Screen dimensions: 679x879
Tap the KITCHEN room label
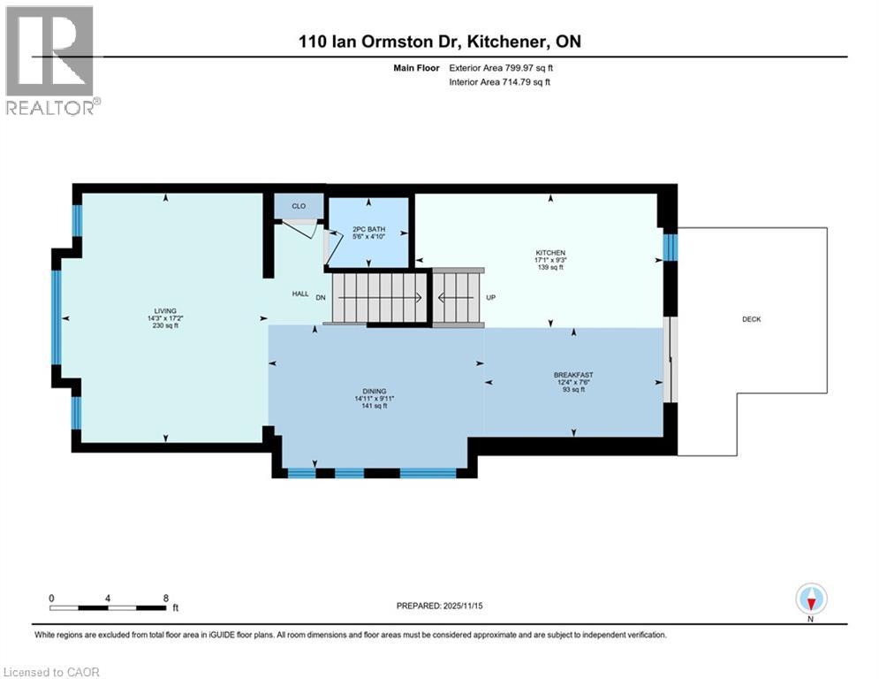549,253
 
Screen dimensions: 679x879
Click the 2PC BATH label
368,228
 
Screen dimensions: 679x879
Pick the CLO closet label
299,206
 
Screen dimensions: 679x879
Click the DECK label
751,319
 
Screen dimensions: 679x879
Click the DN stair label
320,298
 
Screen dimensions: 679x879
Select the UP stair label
491,298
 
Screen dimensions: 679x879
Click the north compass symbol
810,600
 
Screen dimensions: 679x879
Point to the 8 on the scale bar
165,598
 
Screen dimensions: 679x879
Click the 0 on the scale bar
52,598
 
